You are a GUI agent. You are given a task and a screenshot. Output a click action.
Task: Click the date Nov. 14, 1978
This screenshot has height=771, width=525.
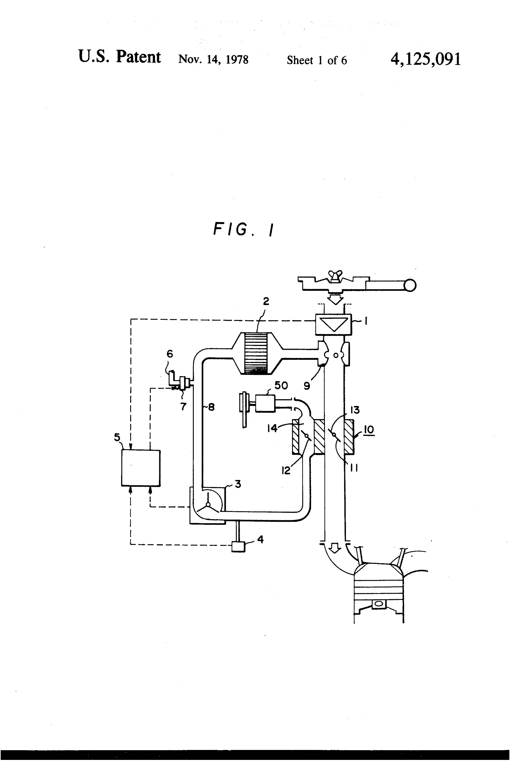[213, 60]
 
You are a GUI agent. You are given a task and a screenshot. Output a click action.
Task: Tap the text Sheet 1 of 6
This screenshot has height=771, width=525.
[317, 60]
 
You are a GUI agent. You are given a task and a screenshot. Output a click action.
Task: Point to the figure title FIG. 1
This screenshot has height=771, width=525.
[243, 229]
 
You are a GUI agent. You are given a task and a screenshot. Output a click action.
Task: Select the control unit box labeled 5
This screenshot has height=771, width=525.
[141, 468]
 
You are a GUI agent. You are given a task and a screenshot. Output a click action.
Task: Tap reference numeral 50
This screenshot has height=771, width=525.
[281, 385]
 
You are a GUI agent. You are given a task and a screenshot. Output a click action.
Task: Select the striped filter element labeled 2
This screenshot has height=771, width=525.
[255, 354]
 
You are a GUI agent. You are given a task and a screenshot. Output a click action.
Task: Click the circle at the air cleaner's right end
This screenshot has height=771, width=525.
[410, 285]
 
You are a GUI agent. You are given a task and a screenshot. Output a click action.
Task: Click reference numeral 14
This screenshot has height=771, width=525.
[272, 428]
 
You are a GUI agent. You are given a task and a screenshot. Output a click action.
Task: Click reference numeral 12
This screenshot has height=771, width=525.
[286, 470]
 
